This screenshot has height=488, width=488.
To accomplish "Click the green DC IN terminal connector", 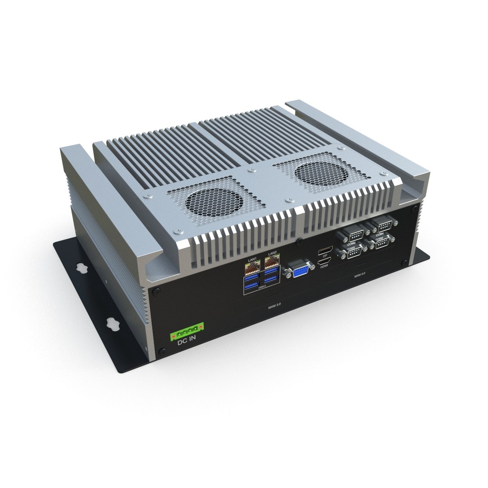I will pyautogui.click(x=187, y=333).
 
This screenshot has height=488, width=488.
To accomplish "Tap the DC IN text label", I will pyautogui.click(x=186, y=342).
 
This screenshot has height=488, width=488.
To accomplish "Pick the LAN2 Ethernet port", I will pyautogui.click(x=272, y=265).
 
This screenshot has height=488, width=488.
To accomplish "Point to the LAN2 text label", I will pyautogui.click(x=272, y=254).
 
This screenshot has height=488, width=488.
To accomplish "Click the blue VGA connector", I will pyautogui.click(x=299, y=272).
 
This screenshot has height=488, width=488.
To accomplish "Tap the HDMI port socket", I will pyautogui.click(x=324, y=261).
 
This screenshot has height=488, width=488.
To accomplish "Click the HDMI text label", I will pyautogui.click(x=324, y=267).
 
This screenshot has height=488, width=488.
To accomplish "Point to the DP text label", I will pyautogui.click(x=324, y=255).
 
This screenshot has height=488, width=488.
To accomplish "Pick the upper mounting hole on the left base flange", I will pyautogui.click(x=82, y=267).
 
